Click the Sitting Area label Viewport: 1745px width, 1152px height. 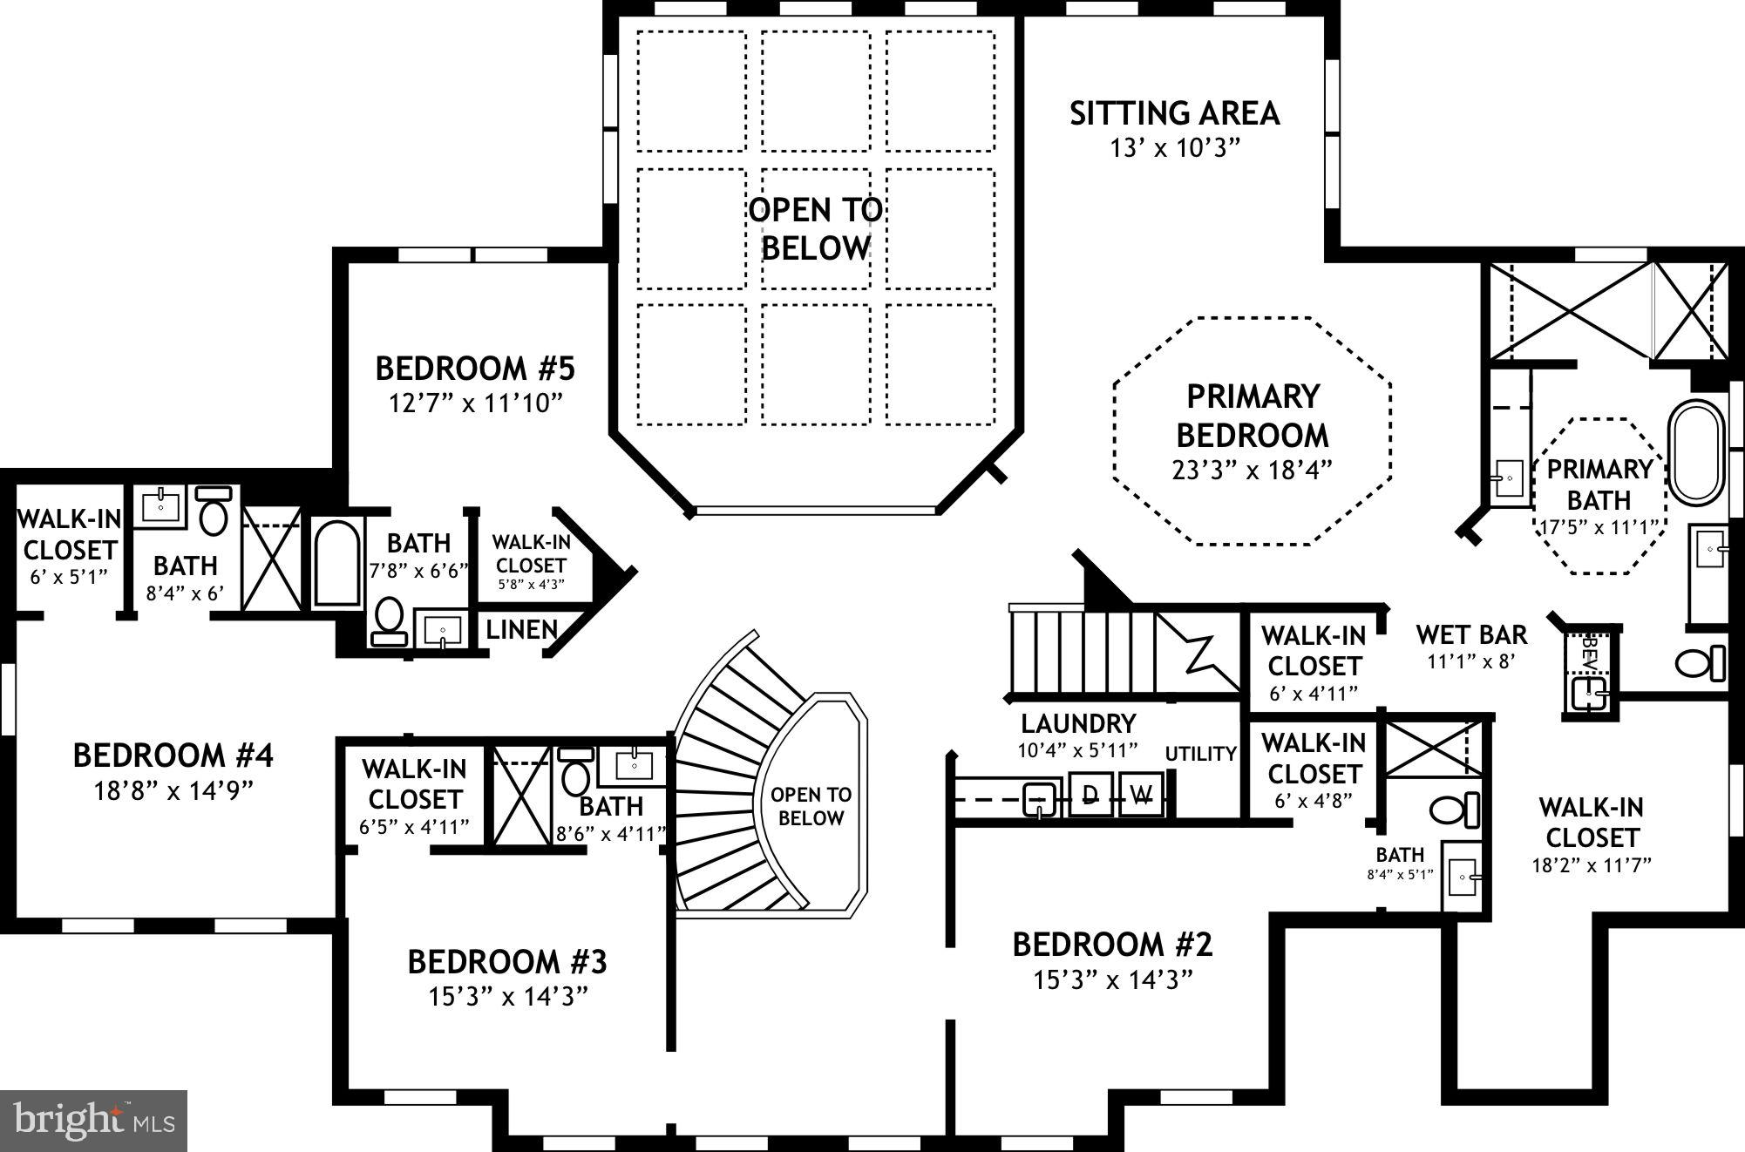1174,114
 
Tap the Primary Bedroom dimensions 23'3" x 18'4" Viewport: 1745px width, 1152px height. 1252,471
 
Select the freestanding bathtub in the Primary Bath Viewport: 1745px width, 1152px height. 1695,452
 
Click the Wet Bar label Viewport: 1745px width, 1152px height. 1471,634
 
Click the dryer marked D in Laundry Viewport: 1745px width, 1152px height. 1090,794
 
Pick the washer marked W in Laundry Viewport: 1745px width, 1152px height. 1141,794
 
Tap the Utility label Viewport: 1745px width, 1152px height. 1201,754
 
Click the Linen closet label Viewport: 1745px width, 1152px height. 521,630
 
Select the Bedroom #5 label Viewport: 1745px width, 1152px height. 475,369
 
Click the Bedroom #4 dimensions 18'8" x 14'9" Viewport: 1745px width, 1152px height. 173,791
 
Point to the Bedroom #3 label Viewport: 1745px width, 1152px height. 507,962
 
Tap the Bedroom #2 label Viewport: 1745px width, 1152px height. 1112,945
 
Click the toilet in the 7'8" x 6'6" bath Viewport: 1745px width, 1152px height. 389,620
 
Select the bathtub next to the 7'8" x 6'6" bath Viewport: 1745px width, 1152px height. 337,563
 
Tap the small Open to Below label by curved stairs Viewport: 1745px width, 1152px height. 811,806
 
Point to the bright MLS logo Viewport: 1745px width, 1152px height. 94,1121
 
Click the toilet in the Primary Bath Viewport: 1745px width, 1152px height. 1700,663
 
